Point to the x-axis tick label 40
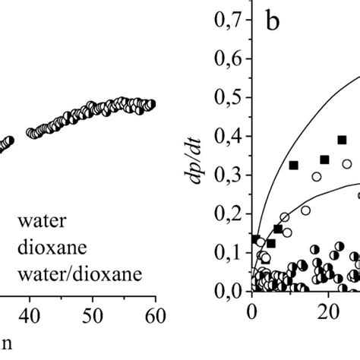pyautogui.click(x=30, y=312)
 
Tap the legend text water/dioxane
pyautogui.click(x=81, y=273)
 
